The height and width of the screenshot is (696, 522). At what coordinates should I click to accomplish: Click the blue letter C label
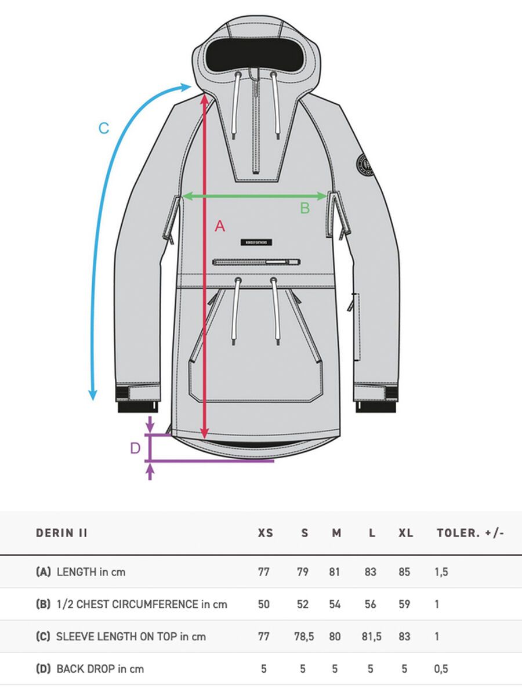click(x=104, y=128)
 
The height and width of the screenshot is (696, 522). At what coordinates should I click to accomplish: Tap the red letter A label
click(x=220, y=226)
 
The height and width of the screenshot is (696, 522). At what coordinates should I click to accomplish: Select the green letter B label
click(x=305, y=208)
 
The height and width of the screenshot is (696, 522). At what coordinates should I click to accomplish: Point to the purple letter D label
click(x=135, y=448)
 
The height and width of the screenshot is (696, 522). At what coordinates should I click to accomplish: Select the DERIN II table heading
click(x=61, y=533)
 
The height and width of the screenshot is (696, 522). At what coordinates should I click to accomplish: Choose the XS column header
click(x=265, y=533)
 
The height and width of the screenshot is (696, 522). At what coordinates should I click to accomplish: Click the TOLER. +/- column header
click(x=470, y=533)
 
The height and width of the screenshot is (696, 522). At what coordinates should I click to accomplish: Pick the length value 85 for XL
click(x=404, y=572)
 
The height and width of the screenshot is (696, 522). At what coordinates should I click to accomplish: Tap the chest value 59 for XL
click(x=404, y=604)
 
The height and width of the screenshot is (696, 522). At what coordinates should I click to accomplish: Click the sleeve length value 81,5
click(x=371, y=636)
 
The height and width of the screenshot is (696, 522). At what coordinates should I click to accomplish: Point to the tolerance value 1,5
click(x=441, y=572)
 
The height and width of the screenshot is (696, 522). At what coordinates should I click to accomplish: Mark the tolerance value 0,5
click(x=441, y=669)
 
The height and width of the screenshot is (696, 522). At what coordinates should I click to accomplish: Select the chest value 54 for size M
click(x=335, y=604)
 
